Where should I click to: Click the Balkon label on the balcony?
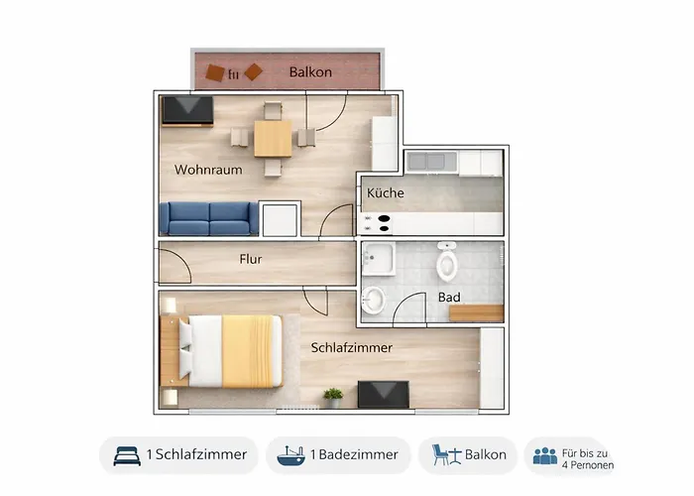[x=310, y=72]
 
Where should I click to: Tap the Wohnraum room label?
[x=208, y=170]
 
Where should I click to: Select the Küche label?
[x=385, y=193]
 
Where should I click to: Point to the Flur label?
[x=251, y=259]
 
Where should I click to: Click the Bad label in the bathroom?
[x=449, y=298]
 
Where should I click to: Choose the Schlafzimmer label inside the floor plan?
[x=351, y=347]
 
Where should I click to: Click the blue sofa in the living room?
[x=209, y=218]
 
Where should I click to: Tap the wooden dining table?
[x=273, y=139]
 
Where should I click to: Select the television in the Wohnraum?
[x=187, y=111]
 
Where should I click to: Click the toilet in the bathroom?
[x=446, y=262]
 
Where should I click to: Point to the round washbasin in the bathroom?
[x=373, y=300]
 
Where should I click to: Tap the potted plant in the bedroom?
[x=333, y=398]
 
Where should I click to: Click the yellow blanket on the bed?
[x=248, y=351]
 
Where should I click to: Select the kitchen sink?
[x=431, y=162]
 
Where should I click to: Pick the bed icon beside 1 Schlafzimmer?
[x=127, y=455]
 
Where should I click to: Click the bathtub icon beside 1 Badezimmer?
[x=290, y=455]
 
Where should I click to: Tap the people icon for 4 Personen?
[x=545, y=455]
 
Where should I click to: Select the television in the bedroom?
[x=384, y=394]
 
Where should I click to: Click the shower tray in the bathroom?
[x=379, y=259]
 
